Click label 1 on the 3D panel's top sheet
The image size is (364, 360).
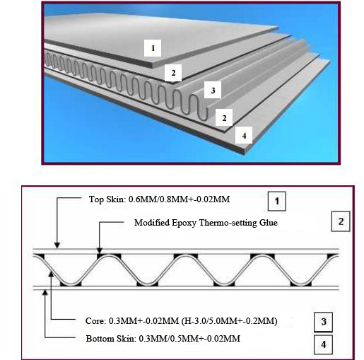153,48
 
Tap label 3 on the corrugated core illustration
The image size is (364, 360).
213,90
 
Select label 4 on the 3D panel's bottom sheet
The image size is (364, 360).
244,135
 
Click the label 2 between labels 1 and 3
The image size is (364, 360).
173,73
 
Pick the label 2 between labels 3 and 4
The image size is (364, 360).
224,117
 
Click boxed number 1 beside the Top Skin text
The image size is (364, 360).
277,201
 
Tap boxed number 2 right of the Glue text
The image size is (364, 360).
341,221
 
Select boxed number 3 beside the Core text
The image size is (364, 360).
324,322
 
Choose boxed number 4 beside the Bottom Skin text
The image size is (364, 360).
324,344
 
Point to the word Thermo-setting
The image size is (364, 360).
228,222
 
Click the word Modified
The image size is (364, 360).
152,222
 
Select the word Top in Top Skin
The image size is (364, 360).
96,199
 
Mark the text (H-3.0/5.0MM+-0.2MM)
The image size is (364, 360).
229,321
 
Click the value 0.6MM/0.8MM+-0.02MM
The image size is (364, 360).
179,199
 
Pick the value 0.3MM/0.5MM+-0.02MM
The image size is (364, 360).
189,339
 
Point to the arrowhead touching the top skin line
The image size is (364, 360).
57,245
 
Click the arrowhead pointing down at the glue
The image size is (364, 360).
100,250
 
